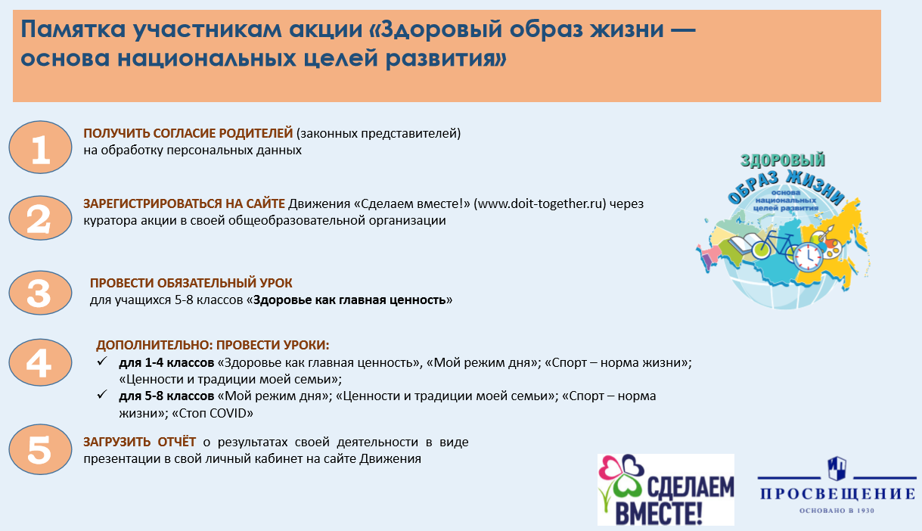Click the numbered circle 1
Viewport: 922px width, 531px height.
click(40, 147)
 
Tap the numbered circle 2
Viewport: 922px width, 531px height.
click(40, 218)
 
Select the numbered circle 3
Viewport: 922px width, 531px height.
click(40, 293)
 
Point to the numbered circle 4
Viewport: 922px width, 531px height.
click(40, 362)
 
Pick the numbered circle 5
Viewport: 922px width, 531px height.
click(40, 449)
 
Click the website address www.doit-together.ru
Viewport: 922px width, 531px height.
click(539, 203)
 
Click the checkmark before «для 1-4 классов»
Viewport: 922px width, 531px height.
click(102, 362)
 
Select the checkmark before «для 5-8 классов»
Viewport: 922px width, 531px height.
click(102, 395)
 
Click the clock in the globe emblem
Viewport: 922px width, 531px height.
click(807, 257)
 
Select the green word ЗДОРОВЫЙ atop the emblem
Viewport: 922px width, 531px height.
click(783, 160)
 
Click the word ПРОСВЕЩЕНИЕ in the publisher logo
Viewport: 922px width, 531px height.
click(837, 493)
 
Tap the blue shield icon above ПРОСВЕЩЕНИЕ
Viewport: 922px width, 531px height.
click(837, 468)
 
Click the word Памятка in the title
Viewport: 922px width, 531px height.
click(73, 29)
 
